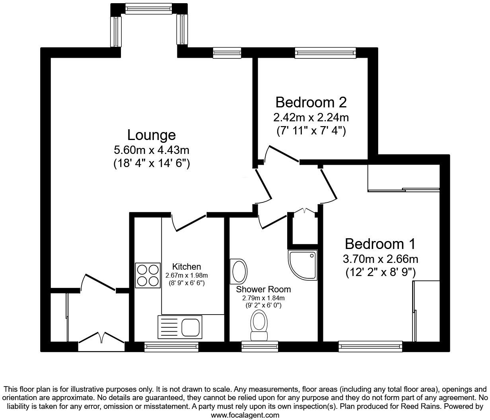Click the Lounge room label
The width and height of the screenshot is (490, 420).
(151, 135)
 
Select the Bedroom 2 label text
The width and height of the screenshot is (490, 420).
(311, 102)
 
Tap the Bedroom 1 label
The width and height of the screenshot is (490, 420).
(380, 243)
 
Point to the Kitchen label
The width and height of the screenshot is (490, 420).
(186, 266)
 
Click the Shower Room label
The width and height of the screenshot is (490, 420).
(263, 289)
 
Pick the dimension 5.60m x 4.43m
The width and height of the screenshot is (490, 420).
(151, 150)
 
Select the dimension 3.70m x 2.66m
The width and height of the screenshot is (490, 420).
(380, 259)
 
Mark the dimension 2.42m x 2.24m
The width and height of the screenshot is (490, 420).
(311, 117)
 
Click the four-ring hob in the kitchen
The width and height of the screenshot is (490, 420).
(148, 275)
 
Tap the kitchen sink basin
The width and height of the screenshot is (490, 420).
(190, 327)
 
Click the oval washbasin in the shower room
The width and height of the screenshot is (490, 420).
(239, 271)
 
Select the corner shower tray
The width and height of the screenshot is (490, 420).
(302, 265)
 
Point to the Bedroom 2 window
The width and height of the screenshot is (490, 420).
(325, 52)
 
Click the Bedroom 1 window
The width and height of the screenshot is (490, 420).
(370, 346)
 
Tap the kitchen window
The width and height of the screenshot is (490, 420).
(171, 347)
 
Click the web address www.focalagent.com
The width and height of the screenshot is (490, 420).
(245, 415)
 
